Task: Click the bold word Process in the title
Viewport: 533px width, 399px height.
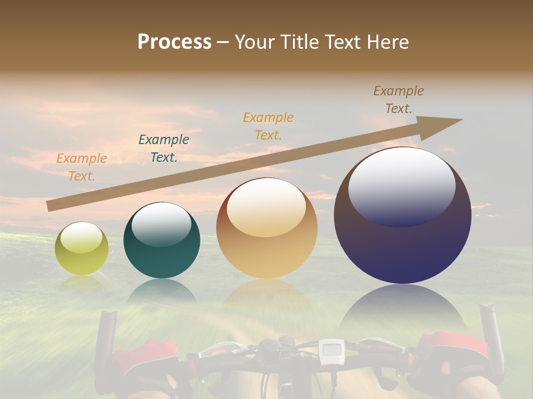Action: click(174, 42)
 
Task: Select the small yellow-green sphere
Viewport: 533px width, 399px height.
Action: click(82, 248)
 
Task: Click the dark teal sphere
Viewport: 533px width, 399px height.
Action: click(162, 240)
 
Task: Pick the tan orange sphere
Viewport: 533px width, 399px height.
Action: click(266, 228)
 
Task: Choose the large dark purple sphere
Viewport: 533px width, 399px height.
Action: click(402, 215)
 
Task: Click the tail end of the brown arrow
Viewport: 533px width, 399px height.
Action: click(49, 206)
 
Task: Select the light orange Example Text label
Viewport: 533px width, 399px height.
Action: click(82, 167)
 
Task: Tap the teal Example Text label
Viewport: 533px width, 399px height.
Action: click(163, 149)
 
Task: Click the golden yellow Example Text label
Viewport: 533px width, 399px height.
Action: click(268, 126)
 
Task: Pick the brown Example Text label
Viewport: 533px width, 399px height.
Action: click(398, 100)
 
